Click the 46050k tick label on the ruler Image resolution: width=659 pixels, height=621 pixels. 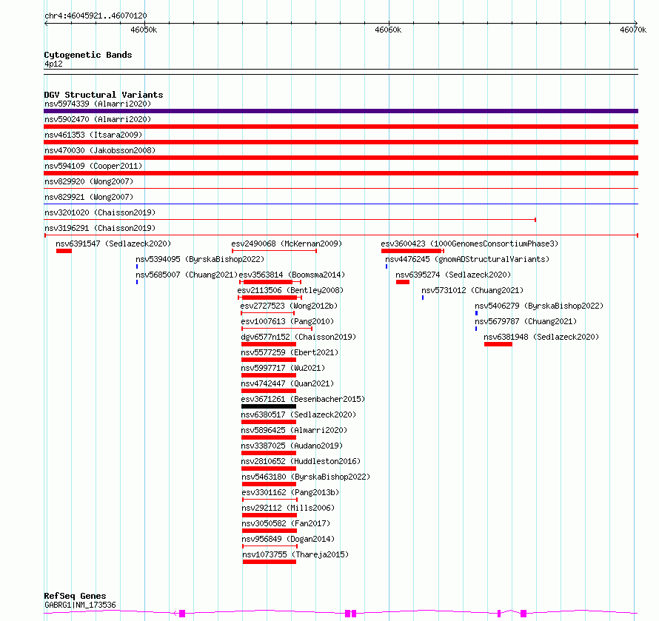pyautogui.click(x=144, y=30)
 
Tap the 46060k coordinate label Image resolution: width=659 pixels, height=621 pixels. pyautogui.click(x=388, y=30)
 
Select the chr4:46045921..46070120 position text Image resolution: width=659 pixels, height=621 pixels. pyautogui.click(x=96, y=16)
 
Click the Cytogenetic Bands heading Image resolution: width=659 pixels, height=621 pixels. pyautogui.click(x=88, y=55)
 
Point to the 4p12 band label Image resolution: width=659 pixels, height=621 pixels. pyautogui.click(x=53, y=64)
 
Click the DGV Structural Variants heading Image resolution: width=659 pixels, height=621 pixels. pyautogui.click(x=104, y=95)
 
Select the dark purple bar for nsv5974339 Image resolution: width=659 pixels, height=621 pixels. pyautogui.click(x=341, y=111)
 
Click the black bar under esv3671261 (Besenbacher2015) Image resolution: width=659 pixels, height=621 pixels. pyautogui.click(x=269, y=406)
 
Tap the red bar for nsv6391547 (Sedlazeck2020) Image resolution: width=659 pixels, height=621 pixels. pyautogui.click(x=64, y=251)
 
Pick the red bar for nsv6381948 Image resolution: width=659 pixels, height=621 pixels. pyautogui.click(x=498, y=344)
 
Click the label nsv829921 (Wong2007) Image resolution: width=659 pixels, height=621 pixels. pyautogui.click(x=89, y=197)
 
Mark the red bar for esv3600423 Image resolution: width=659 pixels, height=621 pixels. pyautogui.click(x=411, y=251)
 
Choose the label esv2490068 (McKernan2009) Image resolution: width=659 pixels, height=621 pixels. pyautogui.click(x=287, y=244)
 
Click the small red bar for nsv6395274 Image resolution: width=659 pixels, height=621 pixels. pyautogui.click(x=403, y=282)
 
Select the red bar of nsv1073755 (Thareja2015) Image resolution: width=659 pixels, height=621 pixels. pyautogui.click(x=270, y=562)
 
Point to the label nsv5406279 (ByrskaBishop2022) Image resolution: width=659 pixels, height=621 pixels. pyautogui.click(x=539, y=306)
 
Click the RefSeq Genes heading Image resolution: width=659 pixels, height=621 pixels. pyautogui.click(x=75, y=596)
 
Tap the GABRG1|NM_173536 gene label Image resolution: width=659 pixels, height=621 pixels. pyautogui.click(x=80, y=605)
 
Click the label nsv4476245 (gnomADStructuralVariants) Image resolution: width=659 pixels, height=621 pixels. pyautogui.click(x=467, y=259)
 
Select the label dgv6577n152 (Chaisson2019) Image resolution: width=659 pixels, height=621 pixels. pyautogui.click(x=298, y=337)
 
